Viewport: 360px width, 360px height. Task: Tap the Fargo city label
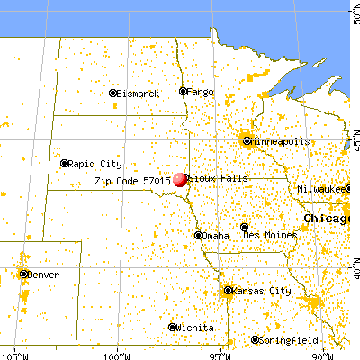202,92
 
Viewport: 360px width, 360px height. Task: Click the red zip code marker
180,179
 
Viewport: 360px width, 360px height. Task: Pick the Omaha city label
215,236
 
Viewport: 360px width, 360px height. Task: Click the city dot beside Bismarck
113,94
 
